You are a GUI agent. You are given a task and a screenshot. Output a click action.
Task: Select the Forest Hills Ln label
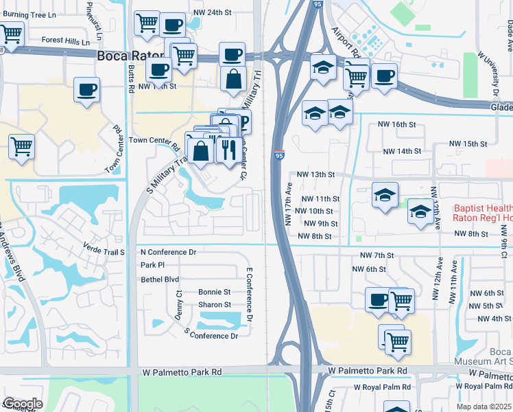(66, 41)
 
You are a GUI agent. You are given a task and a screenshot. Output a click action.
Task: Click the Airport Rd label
(344, 41)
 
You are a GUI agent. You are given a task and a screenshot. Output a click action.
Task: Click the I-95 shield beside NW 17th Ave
(278, 157)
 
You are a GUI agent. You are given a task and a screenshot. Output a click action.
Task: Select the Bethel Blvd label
(159, 279)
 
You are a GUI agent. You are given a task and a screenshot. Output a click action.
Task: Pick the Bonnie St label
(215, 292)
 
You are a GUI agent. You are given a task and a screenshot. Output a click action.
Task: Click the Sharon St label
(215, 305)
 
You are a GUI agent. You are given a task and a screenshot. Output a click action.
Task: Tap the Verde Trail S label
(103, 252)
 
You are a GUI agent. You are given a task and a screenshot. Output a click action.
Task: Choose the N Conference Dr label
(168, 252)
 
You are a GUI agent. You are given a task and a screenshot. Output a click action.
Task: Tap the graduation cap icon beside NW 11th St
(385, 195)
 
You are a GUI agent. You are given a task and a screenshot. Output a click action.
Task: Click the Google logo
(22, 404)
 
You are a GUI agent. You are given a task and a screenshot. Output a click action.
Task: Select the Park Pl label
(152, 265)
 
